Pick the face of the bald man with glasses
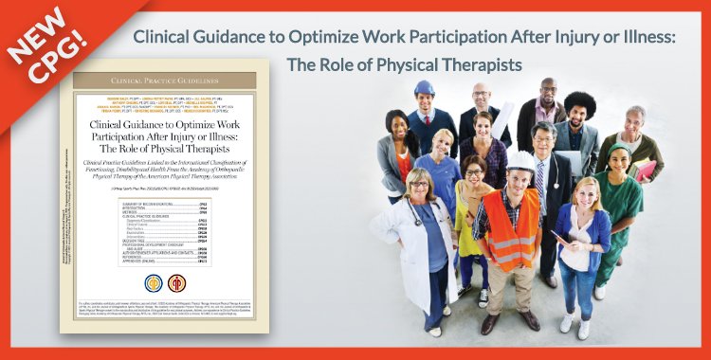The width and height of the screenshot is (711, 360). (483, 96)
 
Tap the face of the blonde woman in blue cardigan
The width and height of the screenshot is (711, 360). (586, 194)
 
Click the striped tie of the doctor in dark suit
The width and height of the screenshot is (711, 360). (540, 174)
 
